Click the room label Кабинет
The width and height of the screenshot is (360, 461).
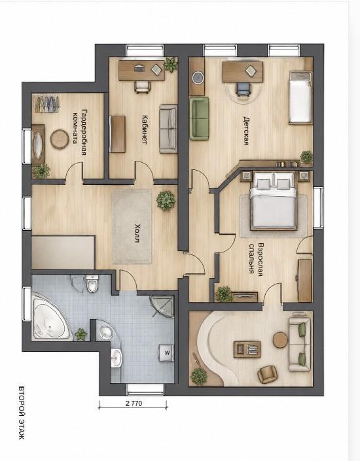[144, 129]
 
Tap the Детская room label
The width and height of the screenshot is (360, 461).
[246, 131]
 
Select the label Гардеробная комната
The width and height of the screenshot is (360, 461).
[80, 132]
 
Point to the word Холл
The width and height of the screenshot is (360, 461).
[137, 233]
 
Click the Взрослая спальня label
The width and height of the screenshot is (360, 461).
[255, 258]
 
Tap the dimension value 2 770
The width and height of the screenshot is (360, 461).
[134, 403]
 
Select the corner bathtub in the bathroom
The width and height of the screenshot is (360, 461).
[50, 318]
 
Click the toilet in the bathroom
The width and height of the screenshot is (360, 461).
[92, 284]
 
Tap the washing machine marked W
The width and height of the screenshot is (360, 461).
[167, 352]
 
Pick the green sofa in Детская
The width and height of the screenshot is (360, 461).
[199, 118]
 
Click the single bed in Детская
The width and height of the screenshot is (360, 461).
[300, 97]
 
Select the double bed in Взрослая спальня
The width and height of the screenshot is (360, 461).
[274, 201]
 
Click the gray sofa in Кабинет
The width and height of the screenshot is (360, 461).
[168, 129]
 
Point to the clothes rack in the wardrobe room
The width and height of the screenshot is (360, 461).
[46, 104]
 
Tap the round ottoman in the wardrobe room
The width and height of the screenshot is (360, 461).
[60, 139]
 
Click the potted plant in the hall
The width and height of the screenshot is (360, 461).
[166, 201]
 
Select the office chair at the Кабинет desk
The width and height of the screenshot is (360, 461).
[143, 87]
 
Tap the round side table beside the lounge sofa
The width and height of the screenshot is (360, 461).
[280, 340]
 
